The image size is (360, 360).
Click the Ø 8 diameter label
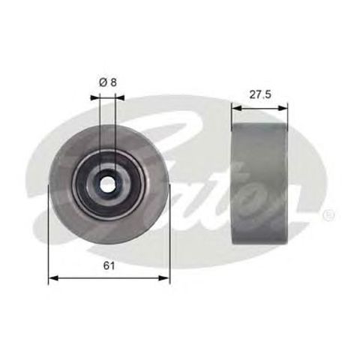coord(108,83)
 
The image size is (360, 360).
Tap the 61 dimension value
coord(109,265)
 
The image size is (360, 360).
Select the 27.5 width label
coord(259,95)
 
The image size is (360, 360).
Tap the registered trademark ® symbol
coord(328,215)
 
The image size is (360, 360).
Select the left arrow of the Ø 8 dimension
coord(94,97)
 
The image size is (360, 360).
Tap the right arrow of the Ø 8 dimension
coord(122,97)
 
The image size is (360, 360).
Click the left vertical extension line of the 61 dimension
coord(49,240)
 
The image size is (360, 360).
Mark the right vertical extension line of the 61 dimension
coord(170,240)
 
